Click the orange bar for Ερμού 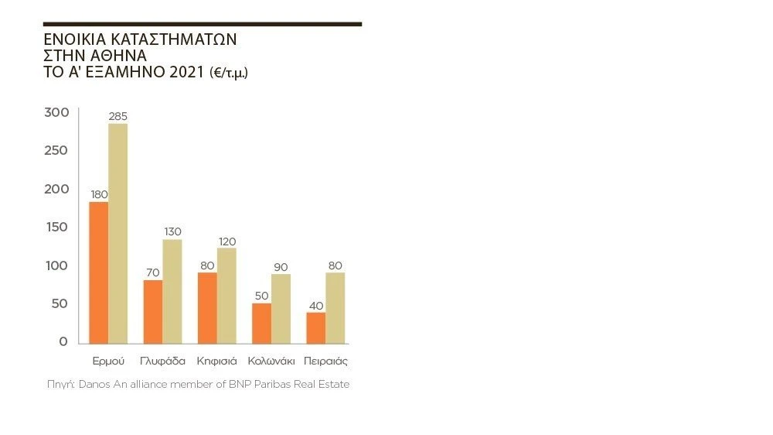(99, 272)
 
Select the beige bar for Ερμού (118, 233)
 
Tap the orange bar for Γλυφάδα (153, 311)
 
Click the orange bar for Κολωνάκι (261, 323)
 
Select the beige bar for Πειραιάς (335, 307)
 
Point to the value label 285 (118, 116)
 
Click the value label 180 (99, 194)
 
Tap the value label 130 (172, 231)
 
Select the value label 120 (226, 241)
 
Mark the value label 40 (316, 305)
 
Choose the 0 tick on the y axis (63, 342)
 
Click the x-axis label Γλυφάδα (162, 361)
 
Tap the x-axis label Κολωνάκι (271, 361)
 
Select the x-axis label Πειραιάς (325, 361)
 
